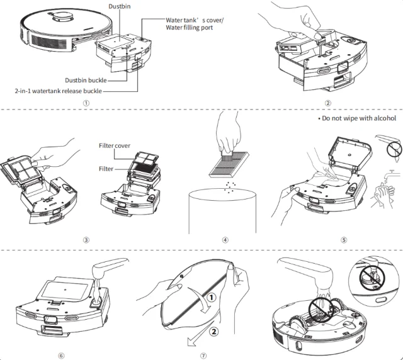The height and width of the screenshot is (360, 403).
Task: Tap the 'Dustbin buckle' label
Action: tap(86, 80)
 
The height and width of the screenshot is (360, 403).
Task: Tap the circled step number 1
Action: tap(85, 103)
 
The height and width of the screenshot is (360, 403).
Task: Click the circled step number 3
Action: tap(85, 240)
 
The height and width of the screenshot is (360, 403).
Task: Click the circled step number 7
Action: tap(203, 355)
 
